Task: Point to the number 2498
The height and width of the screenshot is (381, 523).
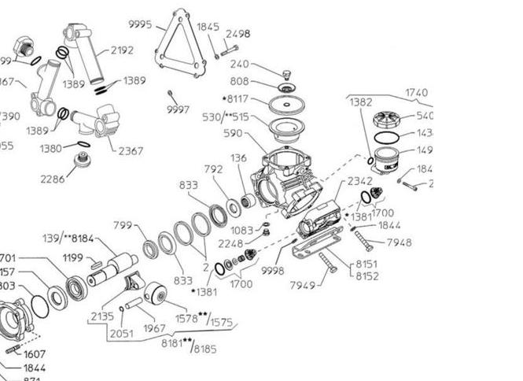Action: [238, 34]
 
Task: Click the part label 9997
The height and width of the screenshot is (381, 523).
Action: [178, 109]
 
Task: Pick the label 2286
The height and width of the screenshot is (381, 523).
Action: [52, 179]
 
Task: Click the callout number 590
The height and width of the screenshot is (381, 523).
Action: [234, 135]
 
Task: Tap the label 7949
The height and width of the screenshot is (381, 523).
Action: [303, 283]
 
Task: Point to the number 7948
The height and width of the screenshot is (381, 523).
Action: [399, 242]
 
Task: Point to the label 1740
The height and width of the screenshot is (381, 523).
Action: [417, 92]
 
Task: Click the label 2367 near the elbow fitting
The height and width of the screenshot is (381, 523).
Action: [131, 151]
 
